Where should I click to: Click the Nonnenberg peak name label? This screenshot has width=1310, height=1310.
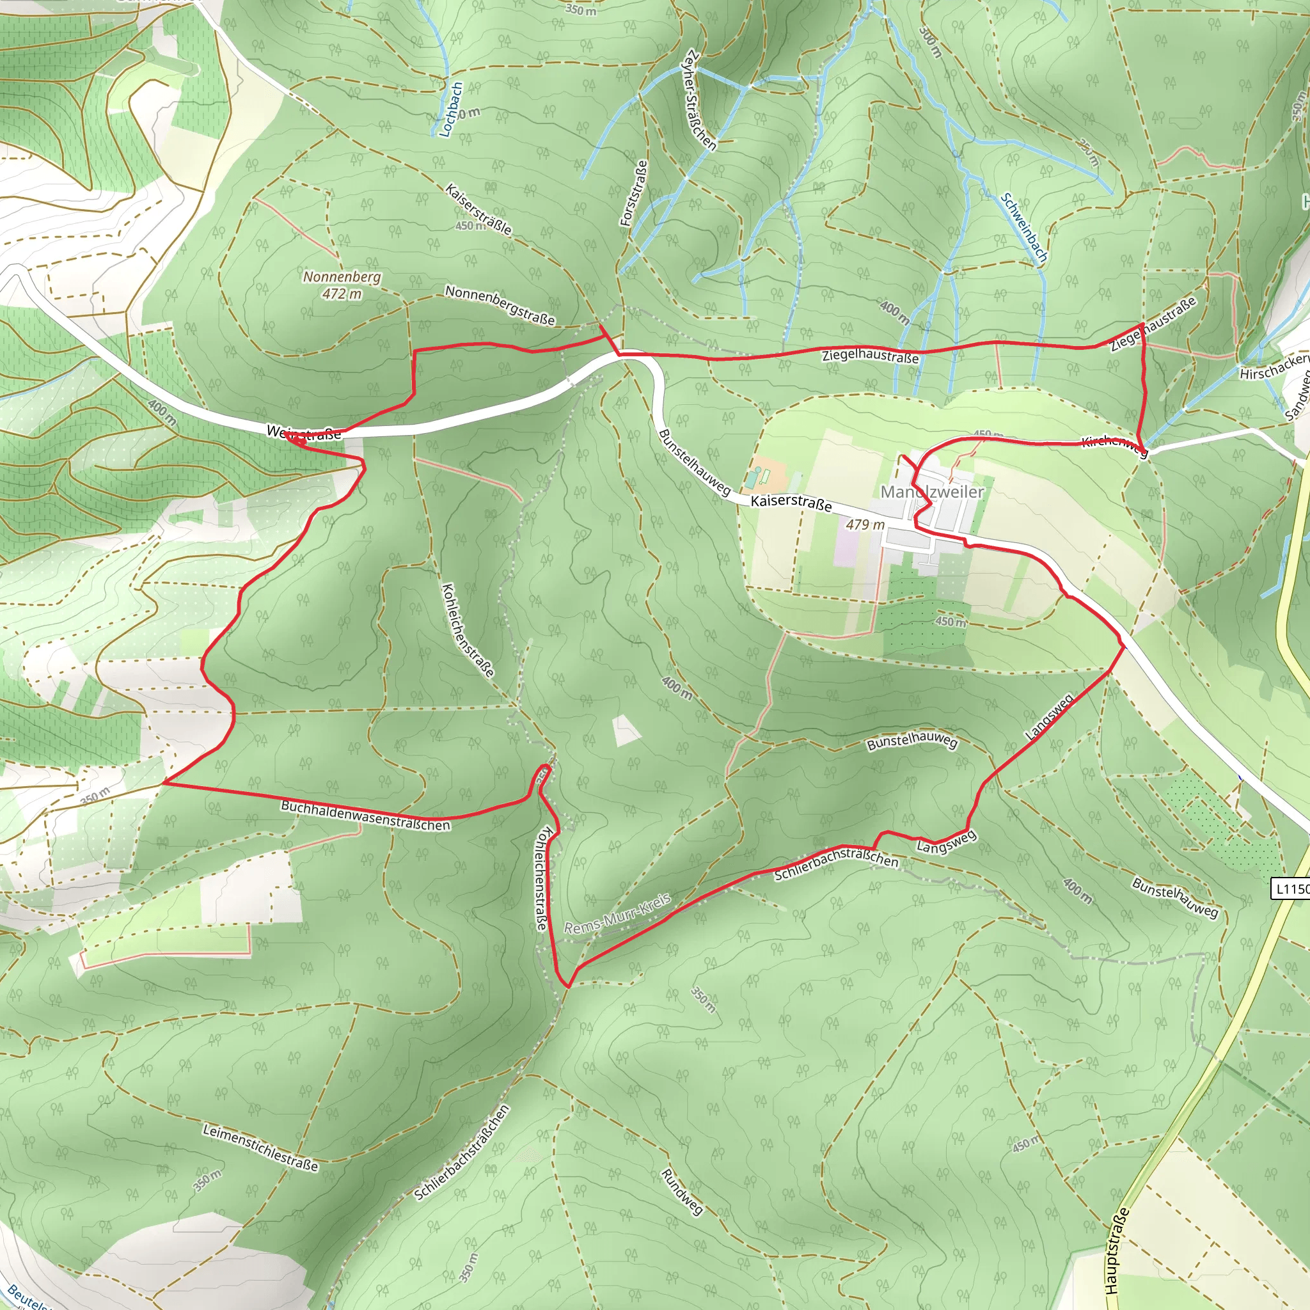(342, 278)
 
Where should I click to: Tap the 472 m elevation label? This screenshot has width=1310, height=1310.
(342, 294)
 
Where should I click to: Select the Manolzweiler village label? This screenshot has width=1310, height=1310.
(931, 492)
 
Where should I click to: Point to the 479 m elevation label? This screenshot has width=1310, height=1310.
(865, 524)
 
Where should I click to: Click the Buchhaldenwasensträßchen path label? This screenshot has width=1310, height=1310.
(365, 816)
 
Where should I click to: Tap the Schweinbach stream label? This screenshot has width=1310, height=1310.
(1025, 228)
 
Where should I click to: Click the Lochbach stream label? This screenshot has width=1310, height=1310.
(451, 110)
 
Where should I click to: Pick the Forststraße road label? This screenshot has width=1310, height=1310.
(633, 193)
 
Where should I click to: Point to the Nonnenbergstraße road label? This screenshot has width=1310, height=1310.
(500, 305)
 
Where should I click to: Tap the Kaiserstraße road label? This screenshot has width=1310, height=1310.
(791, 502)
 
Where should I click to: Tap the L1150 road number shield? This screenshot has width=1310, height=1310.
(1291, 888)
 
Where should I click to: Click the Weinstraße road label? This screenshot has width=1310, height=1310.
(304, 433)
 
